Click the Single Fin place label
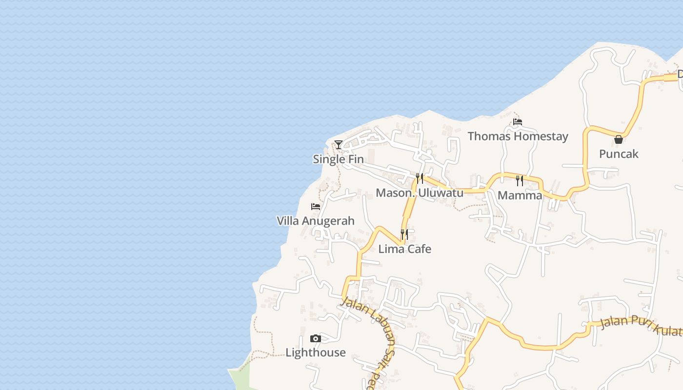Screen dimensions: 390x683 tap(338, 159)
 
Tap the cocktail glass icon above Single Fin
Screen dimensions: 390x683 tap(338, 144)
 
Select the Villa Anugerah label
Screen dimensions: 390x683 tap(316, 221)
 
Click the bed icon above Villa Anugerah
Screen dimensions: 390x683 tap(316, 207)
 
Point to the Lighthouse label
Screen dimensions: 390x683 tap(316, 352)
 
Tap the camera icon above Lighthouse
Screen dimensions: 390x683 tap(316, 338)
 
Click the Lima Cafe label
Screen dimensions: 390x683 tap(405, 249)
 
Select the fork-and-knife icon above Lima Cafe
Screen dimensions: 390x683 tap(404, 234)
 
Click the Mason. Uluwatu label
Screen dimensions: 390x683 tap(420, 193)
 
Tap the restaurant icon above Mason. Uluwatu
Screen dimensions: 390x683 tap(420, 178)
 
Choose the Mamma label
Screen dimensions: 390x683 tap(520, 195)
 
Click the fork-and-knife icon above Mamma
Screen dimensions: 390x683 tap(520, 181)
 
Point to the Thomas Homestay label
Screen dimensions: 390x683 tap(518, 136)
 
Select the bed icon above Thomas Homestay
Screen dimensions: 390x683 tap(518, 121)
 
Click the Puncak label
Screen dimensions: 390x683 tap(619, 154)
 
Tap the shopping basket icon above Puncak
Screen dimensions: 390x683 tap(619, 139)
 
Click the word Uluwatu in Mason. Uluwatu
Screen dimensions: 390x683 tap(440, 193)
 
